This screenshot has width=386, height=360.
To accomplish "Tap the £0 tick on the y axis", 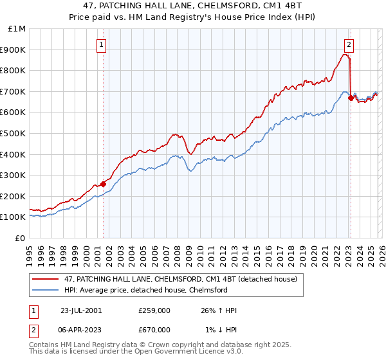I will tap(21, 238).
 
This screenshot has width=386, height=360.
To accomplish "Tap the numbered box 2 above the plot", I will tap(349, 44).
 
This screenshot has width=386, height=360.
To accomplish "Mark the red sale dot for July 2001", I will tap(104, 184).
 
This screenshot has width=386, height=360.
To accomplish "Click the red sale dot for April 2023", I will tap(351, 98).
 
